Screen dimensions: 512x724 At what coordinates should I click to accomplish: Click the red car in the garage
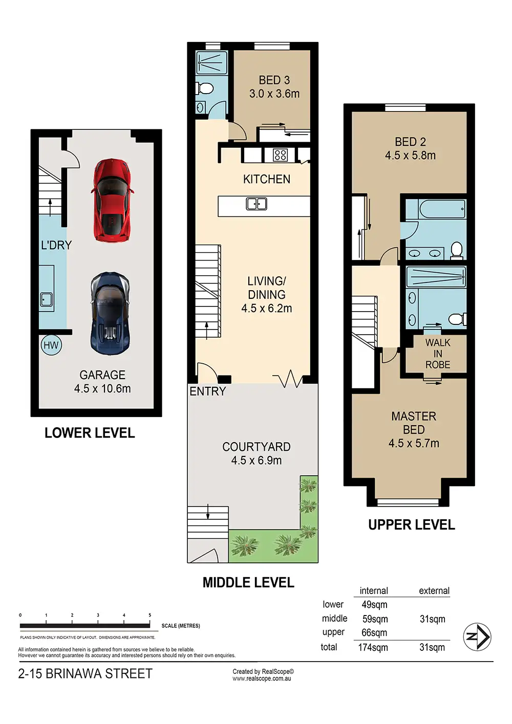[x=112, y=200]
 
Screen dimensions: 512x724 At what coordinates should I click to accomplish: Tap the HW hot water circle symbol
[x=51, y=345]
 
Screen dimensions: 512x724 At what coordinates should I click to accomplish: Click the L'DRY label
[x=56, y=245]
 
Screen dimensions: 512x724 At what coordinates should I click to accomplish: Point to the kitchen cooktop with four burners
[x=280, y=155]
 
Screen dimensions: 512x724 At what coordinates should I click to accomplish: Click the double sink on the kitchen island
[x=257, y=204]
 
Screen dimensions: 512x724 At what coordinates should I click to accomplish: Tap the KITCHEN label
[x=267, y=180]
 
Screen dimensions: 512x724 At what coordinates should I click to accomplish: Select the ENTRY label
[x=208, y=391]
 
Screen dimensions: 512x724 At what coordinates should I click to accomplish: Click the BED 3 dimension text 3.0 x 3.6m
[x=274, y=94]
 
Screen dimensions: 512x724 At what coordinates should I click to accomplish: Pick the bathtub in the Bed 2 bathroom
[x=436, y=209]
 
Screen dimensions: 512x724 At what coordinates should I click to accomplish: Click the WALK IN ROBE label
[x=438, y=354]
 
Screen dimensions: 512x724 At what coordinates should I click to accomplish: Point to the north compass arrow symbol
[x=477, y=637]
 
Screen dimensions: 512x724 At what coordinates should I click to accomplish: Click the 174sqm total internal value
[x=373, y=647]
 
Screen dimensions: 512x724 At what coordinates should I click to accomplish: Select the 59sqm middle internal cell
[x=375, y=619]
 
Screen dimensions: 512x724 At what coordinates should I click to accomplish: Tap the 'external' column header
[x=434, y=591]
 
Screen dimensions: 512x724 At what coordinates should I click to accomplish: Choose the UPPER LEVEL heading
[x=412, y=525]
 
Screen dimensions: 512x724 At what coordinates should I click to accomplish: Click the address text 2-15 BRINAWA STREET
[x=86, y=674]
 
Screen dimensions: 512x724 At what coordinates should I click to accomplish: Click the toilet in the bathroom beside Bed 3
[x=204, y=88]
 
